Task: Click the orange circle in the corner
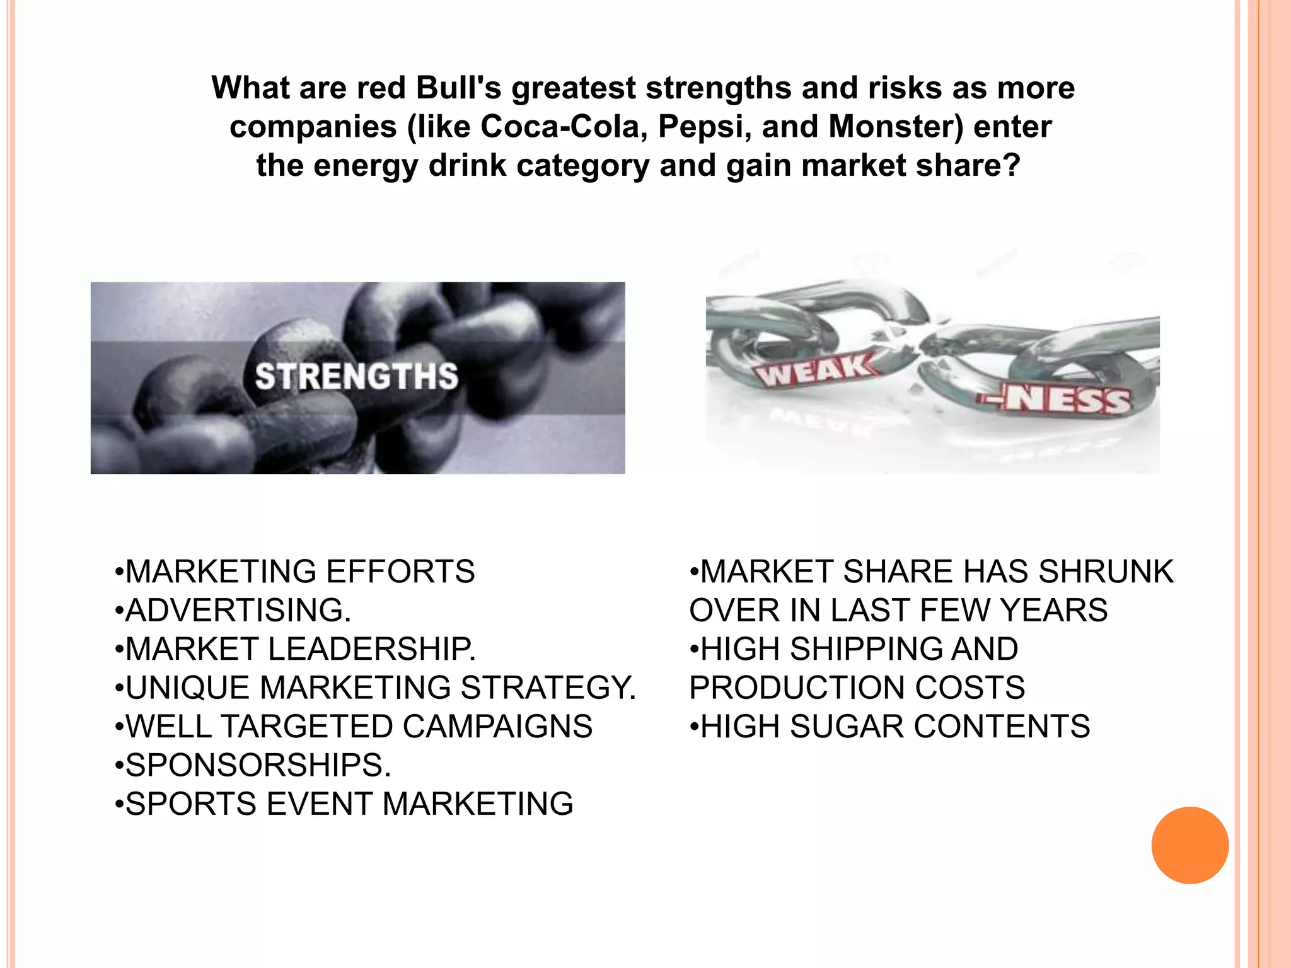click(1190, 845)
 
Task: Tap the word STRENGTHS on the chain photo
click(357, 376)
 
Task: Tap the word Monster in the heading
click(896, 127)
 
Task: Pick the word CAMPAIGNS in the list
click(497, 727)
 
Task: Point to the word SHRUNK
click(1106, 572)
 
